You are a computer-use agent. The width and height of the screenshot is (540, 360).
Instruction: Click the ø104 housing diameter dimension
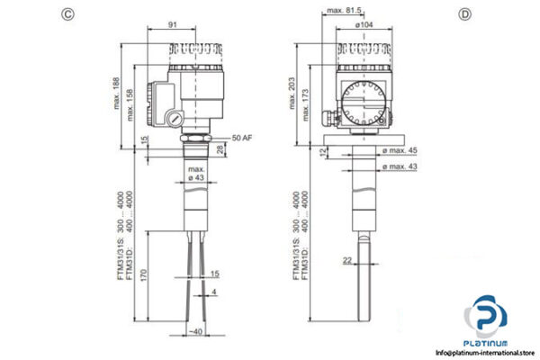365,26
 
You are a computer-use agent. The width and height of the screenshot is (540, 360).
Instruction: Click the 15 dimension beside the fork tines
215,273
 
